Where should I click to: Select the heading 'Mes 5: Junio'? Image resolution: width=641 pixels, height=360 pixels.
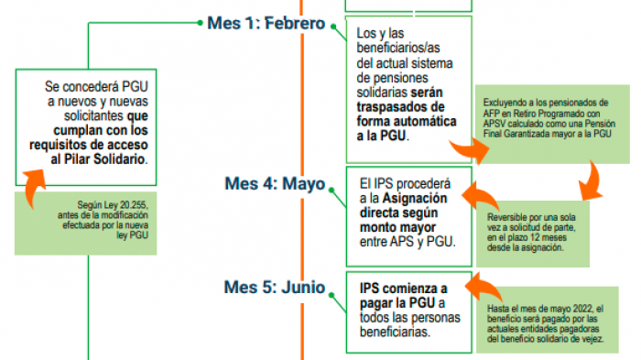tap(274, 288)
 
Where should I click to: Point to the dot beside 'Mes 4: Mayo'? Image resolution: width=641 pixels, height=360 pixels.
tap(333, 184)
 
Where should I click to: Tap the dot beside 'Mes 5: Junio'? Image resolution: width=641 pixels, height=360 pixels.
tap(333, 288)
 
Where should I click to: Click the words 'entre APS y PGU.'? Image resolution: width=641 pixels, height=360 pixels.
tap(407, 241)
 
